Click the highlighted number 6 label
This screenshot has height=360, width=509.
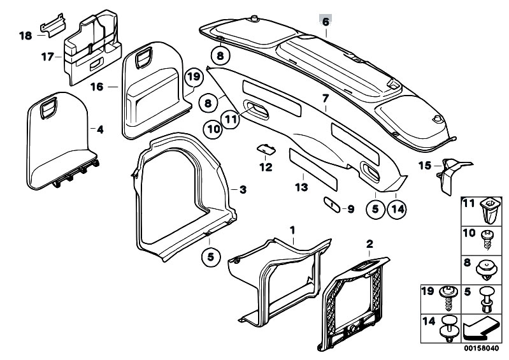(326, 22)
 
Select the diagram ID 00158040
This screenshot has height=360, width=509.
(481, 348)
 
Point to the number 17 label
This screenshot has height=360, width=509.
(47, 57)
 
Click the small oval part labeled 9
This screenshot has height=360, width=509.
(331, 205)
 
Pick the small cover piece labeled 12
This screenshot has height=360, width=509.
(266, 149)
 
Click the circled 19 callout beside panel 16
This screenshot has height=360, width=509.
(194, 77)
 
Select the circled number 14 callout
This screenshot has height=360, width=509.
(398, 210)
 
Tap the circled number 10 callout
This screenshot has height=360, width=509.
(213, 129)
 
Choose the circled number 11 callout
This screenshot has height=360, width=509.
(231, 119)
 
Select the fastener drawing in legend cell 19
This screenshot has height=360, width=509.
(449, 298)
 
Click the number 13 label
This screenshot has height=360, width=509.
(301, 187)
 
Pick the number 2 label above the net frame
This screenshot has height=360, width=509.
(369, 244)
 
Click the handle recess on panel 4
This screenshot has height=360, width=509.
(48, 108)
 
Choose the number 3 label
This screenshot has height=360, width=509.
(243, 189)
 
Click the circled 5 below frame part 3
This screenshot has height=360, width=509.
(211, 257)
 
